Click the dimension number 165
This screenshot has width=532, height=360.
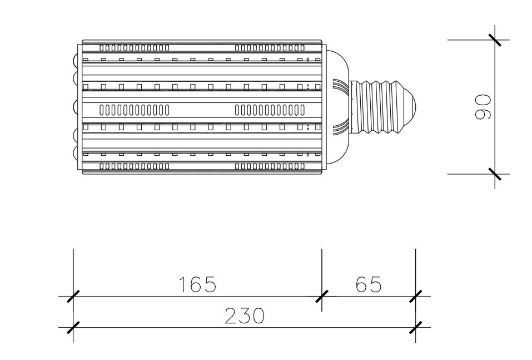coord(197,284)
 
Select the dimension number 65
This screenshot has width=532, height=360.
coord(369,284)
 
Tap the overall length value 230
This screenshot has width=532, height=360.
coord(244,315)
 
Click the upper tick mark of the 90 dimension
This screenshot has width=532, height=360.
coord(495,40)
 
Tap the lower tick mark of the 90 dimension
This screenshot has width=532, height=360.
coord(495,174)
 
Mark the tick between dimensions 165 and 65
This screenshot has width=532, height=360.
coord(322,296)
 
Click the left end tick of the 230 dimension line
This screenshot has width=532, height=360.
coord(73,327)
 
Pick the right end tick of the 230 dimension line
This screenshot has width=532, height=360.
coord(416,327)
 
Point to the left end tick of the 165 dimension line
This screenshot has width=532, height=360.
coord(73,296)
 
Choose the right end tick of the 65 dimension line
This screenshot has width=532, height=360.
coord(416,296)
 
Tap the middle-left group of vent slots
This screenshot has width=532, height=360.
coord(135,110)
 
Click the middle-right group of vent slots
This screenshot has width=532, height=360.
coord(270,110)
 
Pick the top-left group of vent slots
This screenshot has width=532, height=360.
coord(135,48)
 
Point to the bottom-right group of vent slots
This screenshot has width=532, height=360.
coord(270,166)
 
